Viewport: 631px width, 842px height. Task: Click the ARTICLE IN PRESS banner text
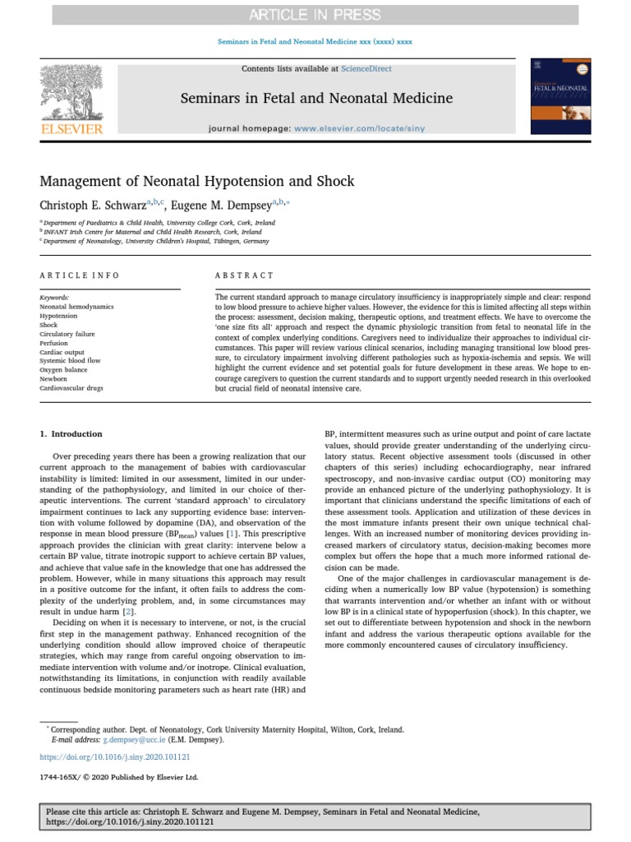315,14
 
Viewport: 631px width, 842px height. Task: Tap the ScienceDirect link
368,68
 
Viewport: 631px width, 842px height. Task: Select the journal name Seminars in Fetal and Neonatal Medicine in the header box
316,99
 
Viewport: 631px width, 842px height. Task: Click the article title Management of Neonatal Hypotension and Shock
197,181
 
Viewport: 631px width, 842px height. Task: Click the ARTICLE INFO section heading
80,275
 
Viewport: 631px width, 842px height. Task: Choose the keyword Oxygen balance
63,370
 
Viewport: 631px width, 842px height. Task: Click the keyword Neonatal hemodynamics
76,306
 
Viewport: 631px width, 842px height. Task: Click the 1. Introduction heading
71,433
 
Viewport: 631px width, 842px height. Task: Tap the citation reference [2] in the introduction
127,613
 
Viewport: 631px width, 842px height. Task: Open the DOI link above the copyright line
115,756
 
